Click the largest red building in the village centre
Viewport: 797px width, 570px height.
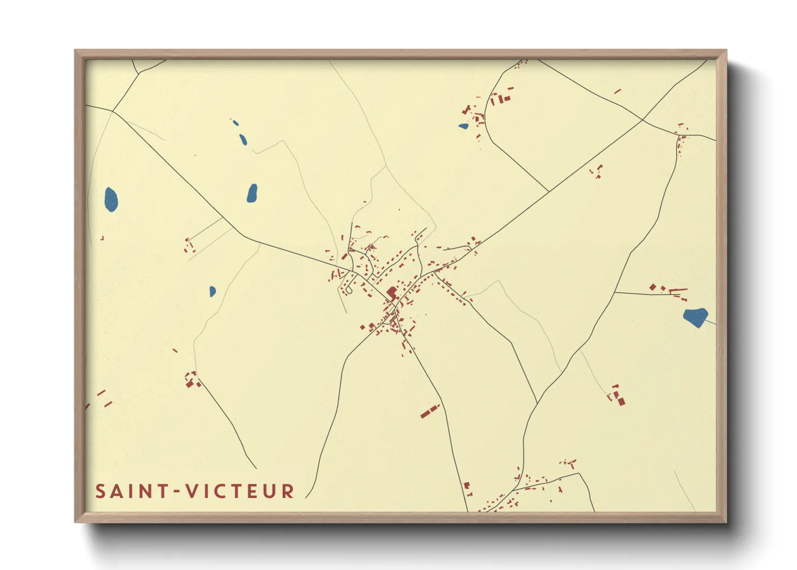392,293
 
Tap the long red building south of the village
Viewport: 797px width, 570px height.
430,412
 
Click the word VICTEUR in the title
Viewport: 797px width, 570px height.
240,491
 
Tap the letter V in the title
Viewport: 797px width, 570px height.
192,491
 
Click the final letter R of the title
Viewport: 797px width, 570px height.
288,491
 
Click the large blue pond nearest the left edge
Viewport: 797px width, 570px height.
111,200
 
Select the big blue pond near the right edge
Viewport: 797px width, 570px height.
695,317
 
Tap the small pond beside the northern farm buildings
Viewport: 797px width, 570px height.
463,127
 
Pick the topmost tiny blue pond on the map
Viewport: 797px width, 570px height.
235,123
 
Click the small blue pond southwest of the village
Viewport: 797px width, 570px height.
212,291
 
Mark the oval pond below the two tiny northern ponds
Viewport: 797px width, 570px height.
252,193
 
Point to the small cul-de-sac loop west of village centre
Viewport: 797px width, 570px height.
348,291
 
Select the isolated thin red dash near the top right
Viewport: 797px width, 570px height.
618,92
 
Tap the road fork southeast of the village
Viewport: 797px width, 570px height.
537,402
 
